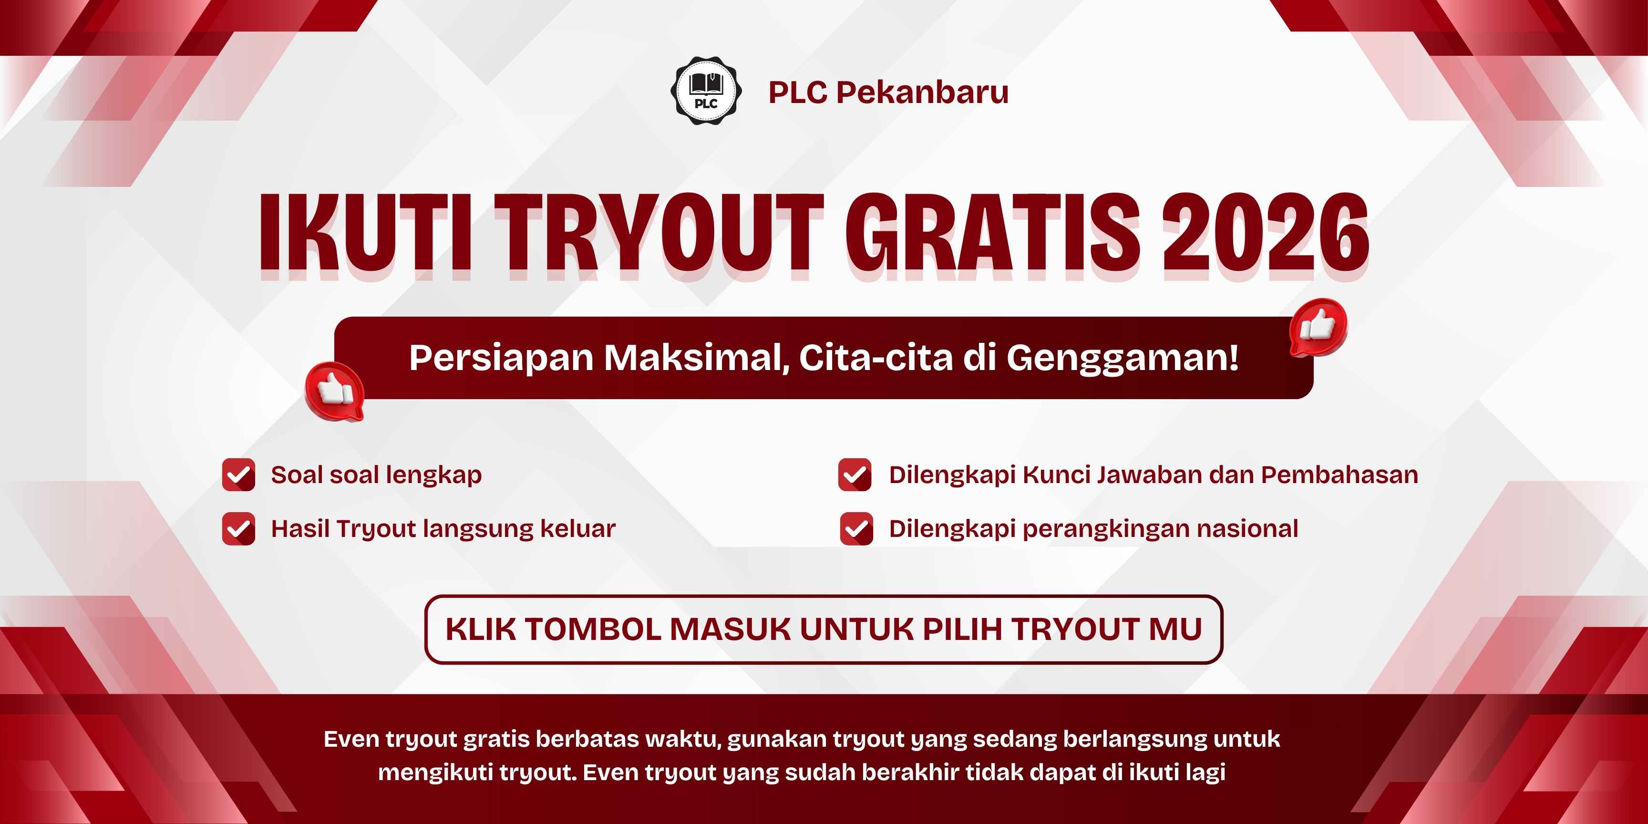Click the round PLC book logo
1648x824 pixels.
[706, 91]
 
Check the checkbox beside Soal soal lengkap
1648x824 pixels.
[238, 474]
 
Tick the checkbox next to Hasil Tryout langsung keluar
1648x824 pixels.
[238, 528]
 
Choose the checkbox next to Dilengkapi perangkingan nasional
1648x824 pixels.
[856, 528]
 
